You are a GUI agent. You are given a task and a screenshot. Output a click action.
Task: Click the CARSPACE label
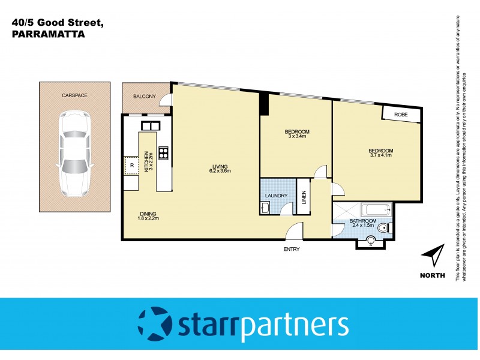[x=74, y=95]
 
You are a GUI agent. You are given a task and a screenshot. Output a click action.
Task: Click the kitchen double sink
[x=149, y=125]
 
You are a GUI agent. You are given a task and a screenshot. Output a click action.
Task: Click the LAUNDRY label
[x=277, y=196]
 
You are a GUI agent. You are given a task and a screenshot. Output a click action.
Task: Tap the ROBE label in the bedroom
[x=401, y=114]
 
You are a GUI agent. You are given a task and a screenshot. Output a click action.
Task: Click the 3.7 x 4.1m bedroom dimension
[x=380, y=155]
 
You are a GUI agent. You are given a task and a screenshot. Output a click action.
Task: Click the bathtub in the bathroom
[x=375, y=210]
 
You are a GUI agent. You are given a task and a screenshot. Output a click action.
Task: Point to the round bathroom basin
[x=370, y=241]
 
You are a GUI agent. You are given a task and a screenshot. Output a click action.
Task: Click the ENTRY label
[x=291, y=249]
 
